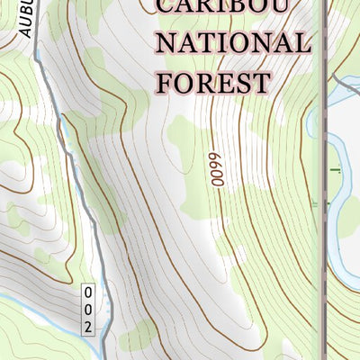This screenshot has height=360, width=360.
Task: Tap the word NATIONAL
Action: tap(234, 42)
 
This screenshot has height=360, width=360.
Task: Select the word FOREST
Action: tap(214, 82)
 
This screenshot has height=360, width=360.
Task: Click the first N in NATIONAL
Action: tap(169, 42)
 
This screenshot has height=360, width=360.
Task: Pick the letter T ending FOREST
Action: tap(260, 82)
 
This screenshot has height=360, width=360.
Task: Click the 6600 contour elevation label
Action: tap(216, 167)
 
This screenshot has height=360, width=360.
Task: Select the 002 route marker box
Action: tap(88, 310)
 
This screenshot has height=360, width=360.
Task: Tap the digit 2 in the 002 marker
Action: tap(88, 326)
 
